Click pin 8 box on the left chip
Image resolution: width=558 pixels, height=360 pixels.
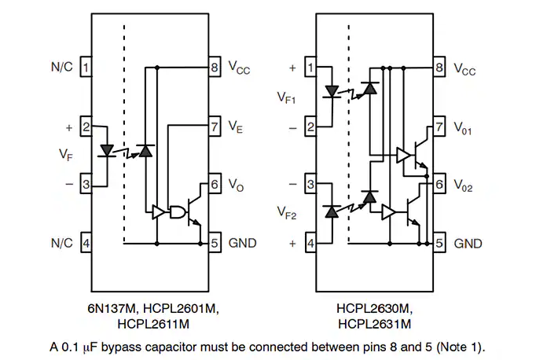coord(215,67)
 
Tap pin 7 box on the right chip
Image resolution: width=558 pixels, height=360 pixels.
coord(439,126)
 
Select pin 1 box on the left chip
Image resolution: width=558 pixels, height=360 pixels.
coord(86,67)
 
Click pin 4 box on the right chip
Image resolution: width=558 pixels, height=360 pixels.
coord(310,243)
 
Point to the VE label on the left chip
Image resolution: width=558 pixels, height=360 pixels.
coord(236,127)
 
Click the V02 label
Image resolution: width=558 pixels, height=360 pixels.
coord(463,186)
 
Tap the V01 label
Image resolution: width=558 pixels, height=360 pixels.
coord(463,128)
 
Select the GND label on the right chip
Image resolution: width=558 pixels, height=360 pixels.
coord(468,244)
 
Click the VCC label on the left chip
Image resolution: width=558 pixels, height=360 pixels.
coord(239,68)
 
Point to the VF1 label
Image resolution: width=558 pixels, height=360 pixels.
coord(287,97)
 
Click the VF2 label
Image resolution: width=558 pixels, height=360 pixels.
coord(287,213)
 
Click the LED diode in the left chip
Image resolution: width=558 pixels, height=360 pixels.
coord(107,150)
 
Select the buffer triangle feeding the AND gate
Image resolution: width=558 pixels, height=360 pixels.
coord(158,212)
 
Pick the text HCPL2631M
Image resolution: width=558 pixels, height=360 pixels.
coord(374,324)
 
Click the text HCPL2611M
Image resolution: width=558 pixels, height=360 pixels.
coord(153,324)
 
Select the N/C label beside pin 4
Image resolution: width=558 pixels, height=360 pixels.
coord(62,243)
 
